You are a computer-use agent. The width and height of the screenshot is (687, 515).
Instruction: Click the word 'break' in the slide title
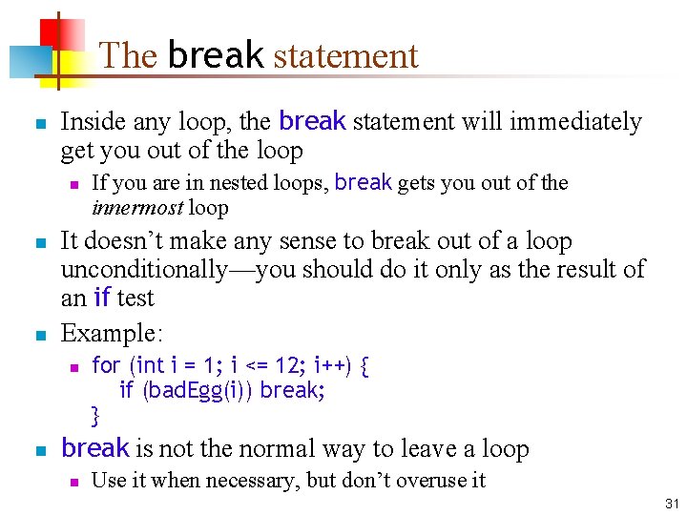tap(215, 55)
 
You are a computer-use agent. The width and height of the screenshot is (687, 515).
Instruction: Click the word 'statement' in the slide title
tap(345, 55)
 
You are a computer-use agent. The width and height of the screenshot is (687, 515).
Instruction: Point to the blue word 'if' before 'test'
tap(101, 299)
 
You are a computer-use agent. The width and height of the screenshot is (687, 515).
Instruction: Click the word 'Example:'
tap(113, 333)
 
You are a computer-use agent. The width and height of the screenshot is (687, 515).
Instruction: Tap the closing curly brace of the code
tap(95, 415)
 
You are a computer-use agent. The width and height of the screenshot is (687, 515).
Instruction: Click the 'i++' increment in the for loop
tap(330, 365)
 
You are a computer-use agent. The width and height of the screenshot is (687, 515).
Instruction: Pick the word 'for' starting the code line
tap(106, 365)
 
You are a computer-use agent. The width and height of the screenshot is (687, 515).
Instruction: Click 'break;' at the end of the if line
tap(292, 390)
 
